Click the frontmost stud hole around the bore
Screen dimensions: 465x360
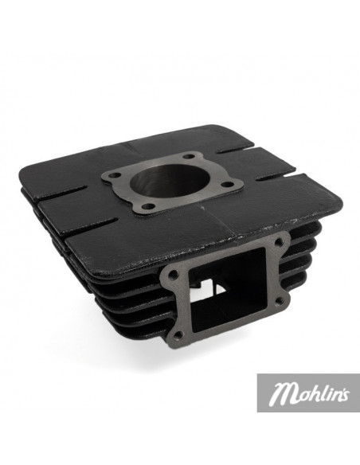[147, 206]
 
